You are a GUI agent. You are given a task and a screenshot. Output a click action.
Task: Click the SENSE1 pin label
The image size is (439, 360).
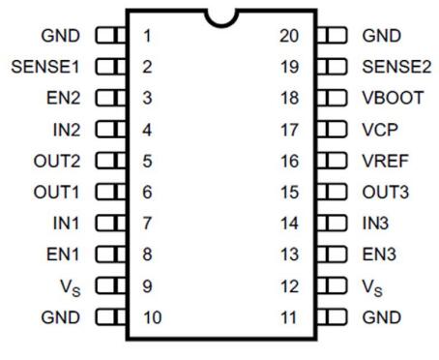tap(45, 67)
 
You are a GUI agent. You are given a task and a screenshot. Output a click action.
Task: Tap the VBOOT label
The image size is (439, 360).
tap(393, 98)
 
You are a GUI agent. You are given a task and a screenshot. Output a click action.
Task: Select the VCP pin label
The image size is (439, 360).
tap(380, 130)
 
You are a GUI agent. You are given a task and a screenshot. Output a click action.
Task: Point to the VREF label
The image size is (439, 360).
tap(386, 161)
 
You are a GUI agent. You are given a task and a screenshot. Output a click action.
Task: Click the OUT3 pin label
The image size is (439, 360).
tap(386, 192)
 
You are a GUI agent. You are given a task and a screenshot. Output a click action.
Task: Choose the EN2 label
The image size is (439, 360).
tap(63, 98)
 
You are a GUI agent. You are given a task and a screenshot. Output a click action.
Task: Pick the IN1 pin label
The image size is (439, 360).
tap(66, 224)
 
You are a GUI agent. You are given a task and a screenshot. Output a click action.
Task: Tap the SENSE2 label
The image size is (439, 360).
tap(396, 67)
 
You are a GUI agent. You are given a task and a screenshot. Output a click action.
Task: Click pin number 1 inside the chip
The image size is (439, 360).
tap(147, 36)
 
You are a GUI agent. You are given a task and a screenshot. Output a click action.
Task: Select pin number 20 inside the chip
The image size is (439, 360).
tap(289, 36)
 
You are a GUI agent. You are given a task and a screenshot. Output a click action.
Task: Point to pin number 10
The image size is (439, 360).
tap(153, 317)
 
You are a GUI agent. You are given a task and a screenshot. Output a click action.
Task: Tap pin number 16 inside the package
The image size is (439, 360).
tap(290, 161)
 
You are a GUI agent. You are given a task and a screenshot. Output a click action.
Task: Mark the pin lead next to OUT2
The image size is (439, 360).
tap(110, 161)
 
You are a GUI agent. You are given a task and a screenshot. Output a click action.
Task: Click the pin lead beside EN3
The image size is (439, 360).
tap(332, 254)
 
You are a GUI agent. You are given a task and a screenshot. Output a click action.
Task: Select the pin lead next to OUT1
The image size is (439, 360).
tap(110, 192)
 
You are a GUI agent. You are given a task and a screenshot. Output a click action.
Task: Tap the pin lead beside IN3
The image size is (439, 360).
tap(332, 223)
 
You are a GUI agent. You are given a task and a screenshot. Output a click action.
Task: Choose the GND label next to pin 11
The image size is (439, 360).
tap(382, 317)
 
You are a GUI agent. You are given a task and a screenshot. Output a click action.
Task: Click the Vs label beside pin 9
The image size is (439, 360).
tap(71, 287)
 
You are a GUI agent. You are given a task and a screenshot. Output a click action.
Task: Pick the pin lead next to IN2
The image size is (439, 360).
tap(110, 129)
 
